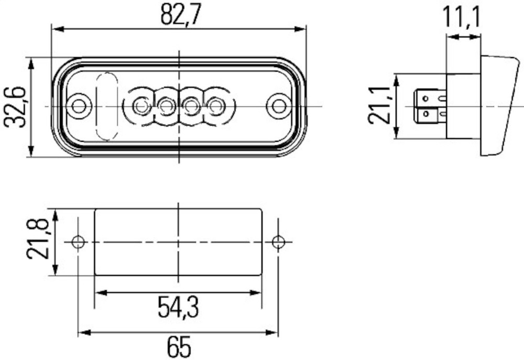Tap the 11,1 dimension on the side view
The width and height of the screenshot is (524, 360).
(x=463, y=18)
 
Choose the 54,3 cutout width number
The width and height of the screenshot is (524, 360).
(x=178, y=308)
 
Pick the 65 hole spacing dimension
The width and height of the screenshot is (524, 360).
(x=179, y=347)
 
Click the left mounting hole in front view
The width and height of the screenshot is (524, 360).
(x=79, y=106)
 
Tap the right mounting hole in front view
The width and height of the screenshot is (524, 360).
(x=278, y=106)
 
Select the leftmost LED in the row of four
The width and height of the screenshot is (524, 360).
(x=140, y=106)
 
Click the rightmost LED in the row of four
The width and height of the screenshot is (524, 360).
(x=215, y=106)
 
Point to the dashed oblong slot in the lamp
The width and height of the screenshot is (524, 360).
(x=106, y=106)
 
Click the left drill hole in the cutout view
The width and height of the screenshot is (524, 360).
(x=78, y=242)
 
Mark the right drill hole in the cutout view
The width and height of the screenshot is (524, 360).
(x=278, y=242)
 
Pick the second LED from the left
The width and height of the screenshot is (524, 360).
(x=166, y=106)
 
